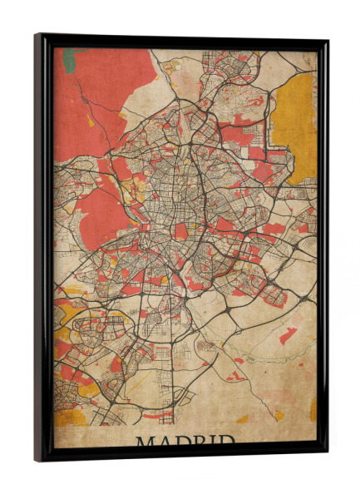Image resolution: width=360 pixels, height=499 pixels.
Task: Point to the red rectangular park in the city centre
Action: click(x=181, y=231)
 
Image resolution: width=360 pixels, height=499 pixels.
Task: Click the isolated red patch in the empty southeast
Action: click(x=288, y=335)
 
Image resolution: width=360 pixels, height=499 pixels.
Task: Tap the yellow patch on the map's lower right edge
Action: click(x=313, y=408)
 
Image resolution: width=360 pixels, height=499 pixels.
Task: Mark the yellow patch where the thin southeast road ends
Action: click(x=279, y=415)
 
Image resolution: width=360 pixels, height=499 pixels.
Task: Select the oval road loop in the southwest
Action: click(x=86, y=324)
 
